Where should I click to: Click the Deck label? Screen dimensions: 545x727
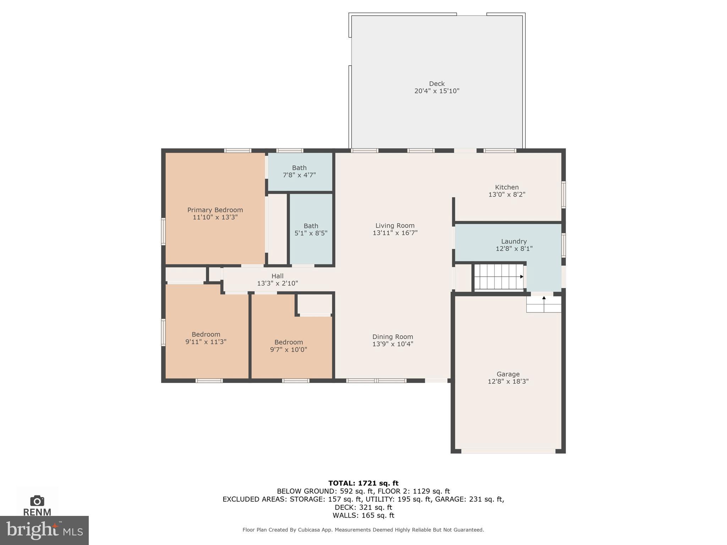coord(437,84)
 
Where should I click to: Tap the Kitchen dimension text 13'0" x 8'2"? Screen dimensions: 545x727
coord(507,194)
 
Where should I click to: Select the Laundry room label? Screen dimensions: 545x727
coord(514,241)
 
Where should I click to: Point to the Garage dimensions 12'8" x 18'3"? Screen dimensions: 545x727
coord(508,381)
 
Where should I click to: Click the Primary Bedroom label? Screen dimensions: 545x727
coord(215,210)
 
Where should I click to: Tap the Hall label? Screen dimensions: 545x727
coord(277,276)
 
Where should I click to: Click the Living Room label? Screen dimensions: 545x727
coord(395,226)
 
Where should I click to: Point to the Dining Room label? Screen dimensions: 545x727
coord(393,337)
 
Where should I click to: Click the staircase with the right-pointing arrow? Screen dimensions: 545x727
coord(498,277)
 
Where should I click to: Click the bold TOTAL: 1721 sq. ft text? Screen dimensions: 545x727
coord(363,483)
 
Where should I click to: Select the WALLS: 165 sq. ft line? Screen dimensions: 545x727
coord(363,515)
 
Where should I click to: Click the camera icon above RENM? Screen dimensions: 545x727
coord(37,501)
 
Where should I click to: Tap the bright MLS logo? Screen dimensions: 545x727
coord(44,530)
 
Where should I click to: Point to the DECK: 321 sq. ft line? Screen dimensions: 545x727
coord(363,507)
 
